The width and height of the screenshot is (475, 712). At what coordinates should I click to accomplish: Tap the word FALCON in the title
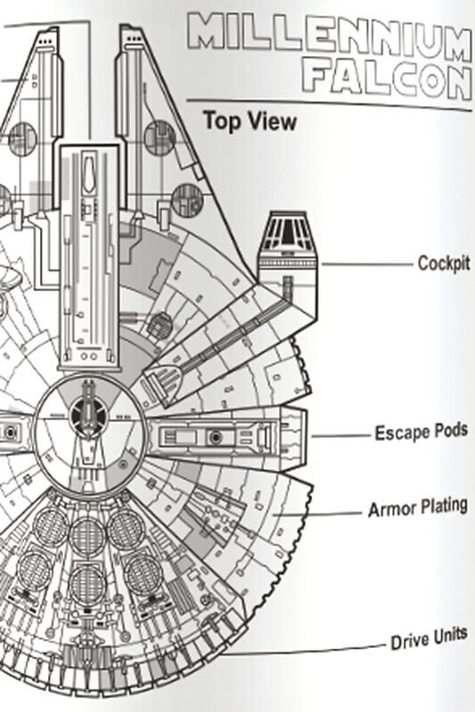click(x=388, y=82)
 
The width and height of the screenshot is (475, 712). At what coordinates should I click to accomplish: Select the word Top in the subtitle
click(x=220, y=120)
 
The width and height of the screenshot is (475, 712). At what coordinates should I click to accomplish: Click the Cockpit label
click(x=444, y=263)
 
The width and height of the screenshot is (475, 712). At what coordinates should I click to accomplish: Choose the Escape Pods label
click(x=421, y=432)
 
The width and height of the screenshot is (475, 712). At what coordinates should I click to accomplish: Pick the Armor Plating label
click(x=418, y=507)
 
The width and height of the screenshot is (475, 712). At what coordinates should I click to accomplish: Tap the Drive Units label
click(x=429, y=638)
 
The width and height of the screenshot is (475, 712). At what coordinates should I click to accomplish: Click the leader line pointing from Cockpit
click(x=367, y=263)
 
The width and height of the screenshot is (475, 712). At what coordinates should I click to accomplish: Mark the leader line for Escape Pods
click(x=341, y=436)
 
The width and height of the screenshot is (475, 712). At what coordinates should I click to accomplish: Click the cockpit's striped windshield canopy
click(x=287, y=231)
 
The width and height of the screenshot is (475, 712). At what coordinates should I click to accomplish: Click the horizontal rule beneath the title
click(x=330, y=104)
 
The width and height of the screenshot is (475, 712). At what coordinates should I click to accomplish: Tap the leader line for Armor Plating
click(x=318, y=514)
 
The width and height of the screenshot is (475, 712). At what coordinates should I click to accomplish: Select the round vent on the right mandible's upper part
click(x=160, y=138)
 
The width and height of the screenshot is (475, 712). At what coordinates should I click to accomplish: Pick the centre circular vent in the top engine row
click(x=87, y=537)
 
